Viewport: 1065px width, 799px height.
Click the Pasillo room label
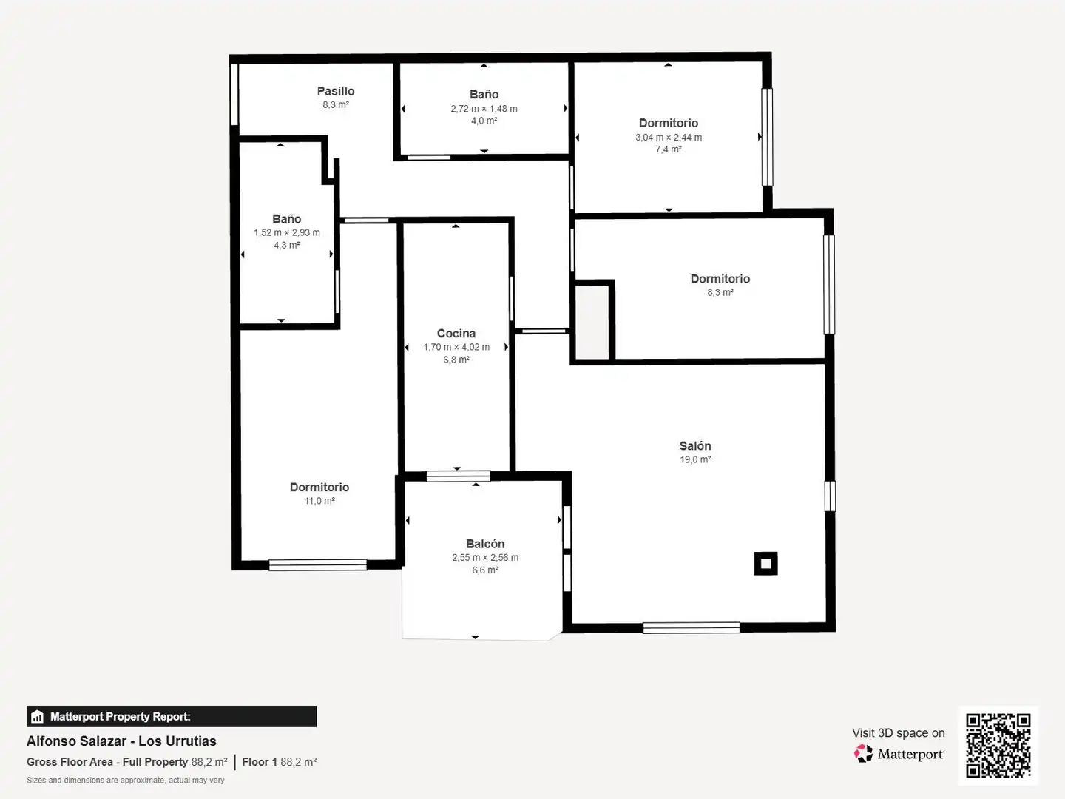point(336,91)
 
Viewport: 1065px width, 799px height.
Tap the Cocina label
point(456,334)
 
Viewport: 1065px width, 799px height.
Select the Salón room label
point(695,446)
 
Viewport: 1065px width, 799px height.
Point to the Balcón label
point(485,544)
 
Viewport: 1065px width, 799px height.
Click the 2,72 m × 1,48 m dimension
point(484,109)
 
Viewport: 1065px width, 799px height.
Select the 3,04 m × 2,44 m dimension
point(669,138)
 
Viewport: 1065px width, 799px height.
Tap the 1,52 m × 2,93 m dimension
point(287,232)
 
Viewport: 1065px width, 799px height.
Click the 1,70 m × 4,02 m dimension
point(456,347)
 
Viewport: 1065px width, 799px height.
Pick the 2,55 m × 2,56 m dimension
point(485,557)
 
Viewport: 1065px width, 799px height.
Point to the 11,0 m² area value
point(319,501)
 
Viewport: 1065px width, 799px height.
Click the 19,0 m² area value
point(695,459)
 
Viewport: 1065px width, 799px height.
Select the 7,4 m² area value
point(669,149)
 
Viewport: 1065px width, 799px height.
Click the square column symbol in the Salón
point(765,563)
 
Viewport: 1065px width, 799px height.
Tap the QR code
point(998,745)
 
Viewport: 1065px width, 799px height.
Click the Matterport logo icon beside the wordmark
point(863,753)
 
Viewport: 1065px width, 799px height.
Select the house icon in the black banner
point(38,717)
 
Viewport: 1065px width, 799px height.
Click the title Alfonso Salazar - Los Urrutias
point(121,741)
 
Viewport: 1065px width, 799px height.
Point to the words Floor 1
point(260,762)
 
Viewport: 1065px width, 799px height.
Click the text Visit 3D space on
point(898,733)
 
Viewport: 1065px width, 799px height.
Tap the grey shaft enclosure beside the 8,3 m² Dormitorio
point(592,323)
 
